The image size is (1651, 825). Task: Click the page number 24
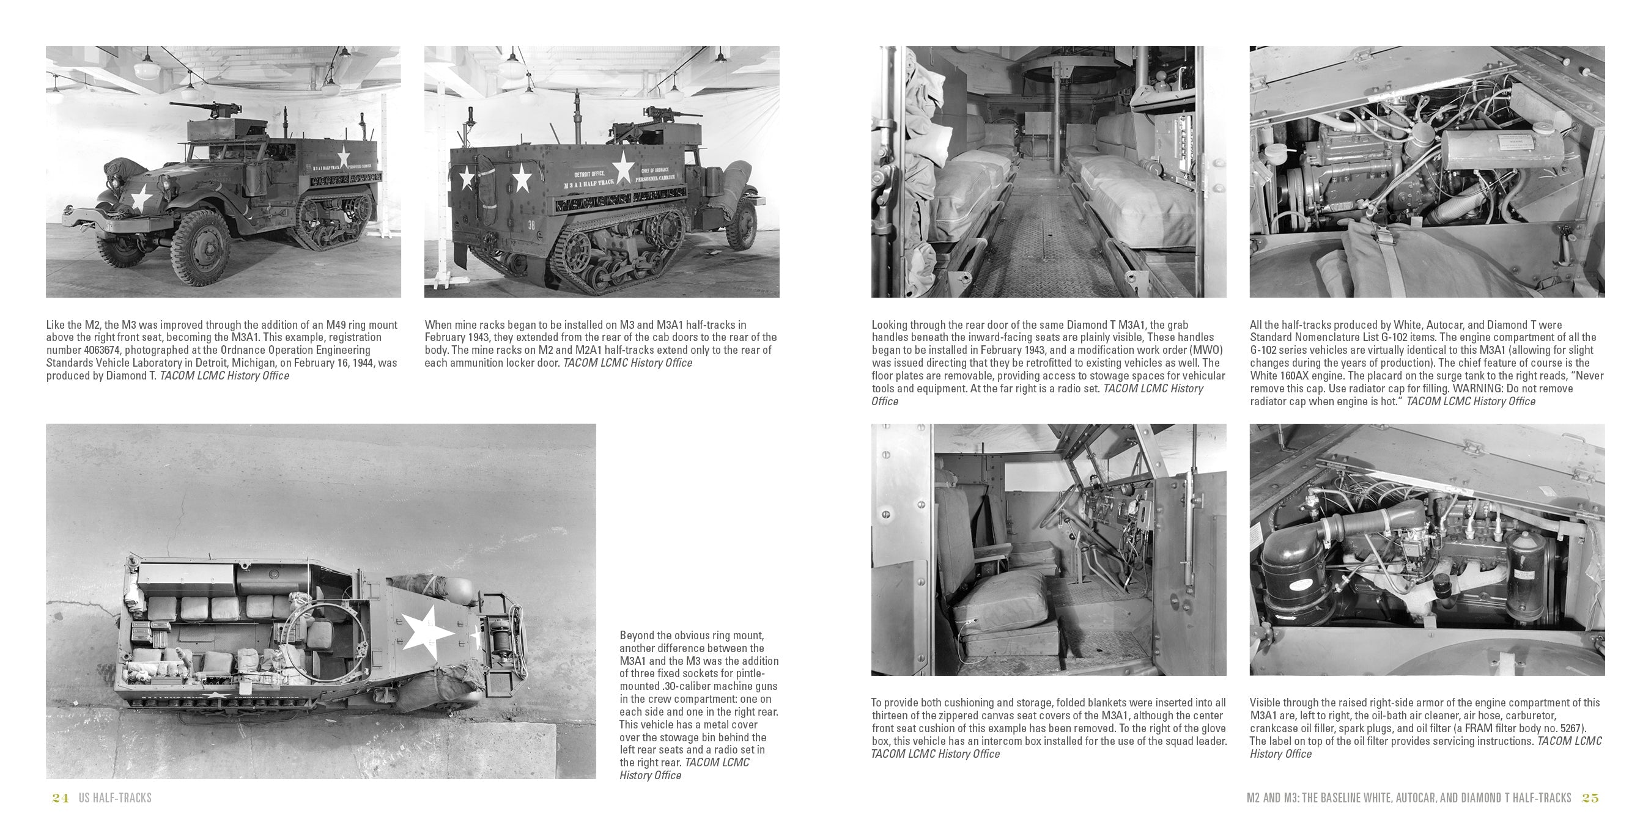pyautogui.click(x=61, y=798)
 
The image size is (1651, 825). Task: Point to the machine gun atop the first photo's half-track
pyautogui.click(x=196, y=109)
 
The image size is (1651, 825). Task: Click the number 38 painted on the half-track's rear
pyautogui.click(x=531, y=225)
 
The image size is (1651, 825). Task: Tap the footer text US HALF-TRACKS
pyautogui.click(x=116, y=798)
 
